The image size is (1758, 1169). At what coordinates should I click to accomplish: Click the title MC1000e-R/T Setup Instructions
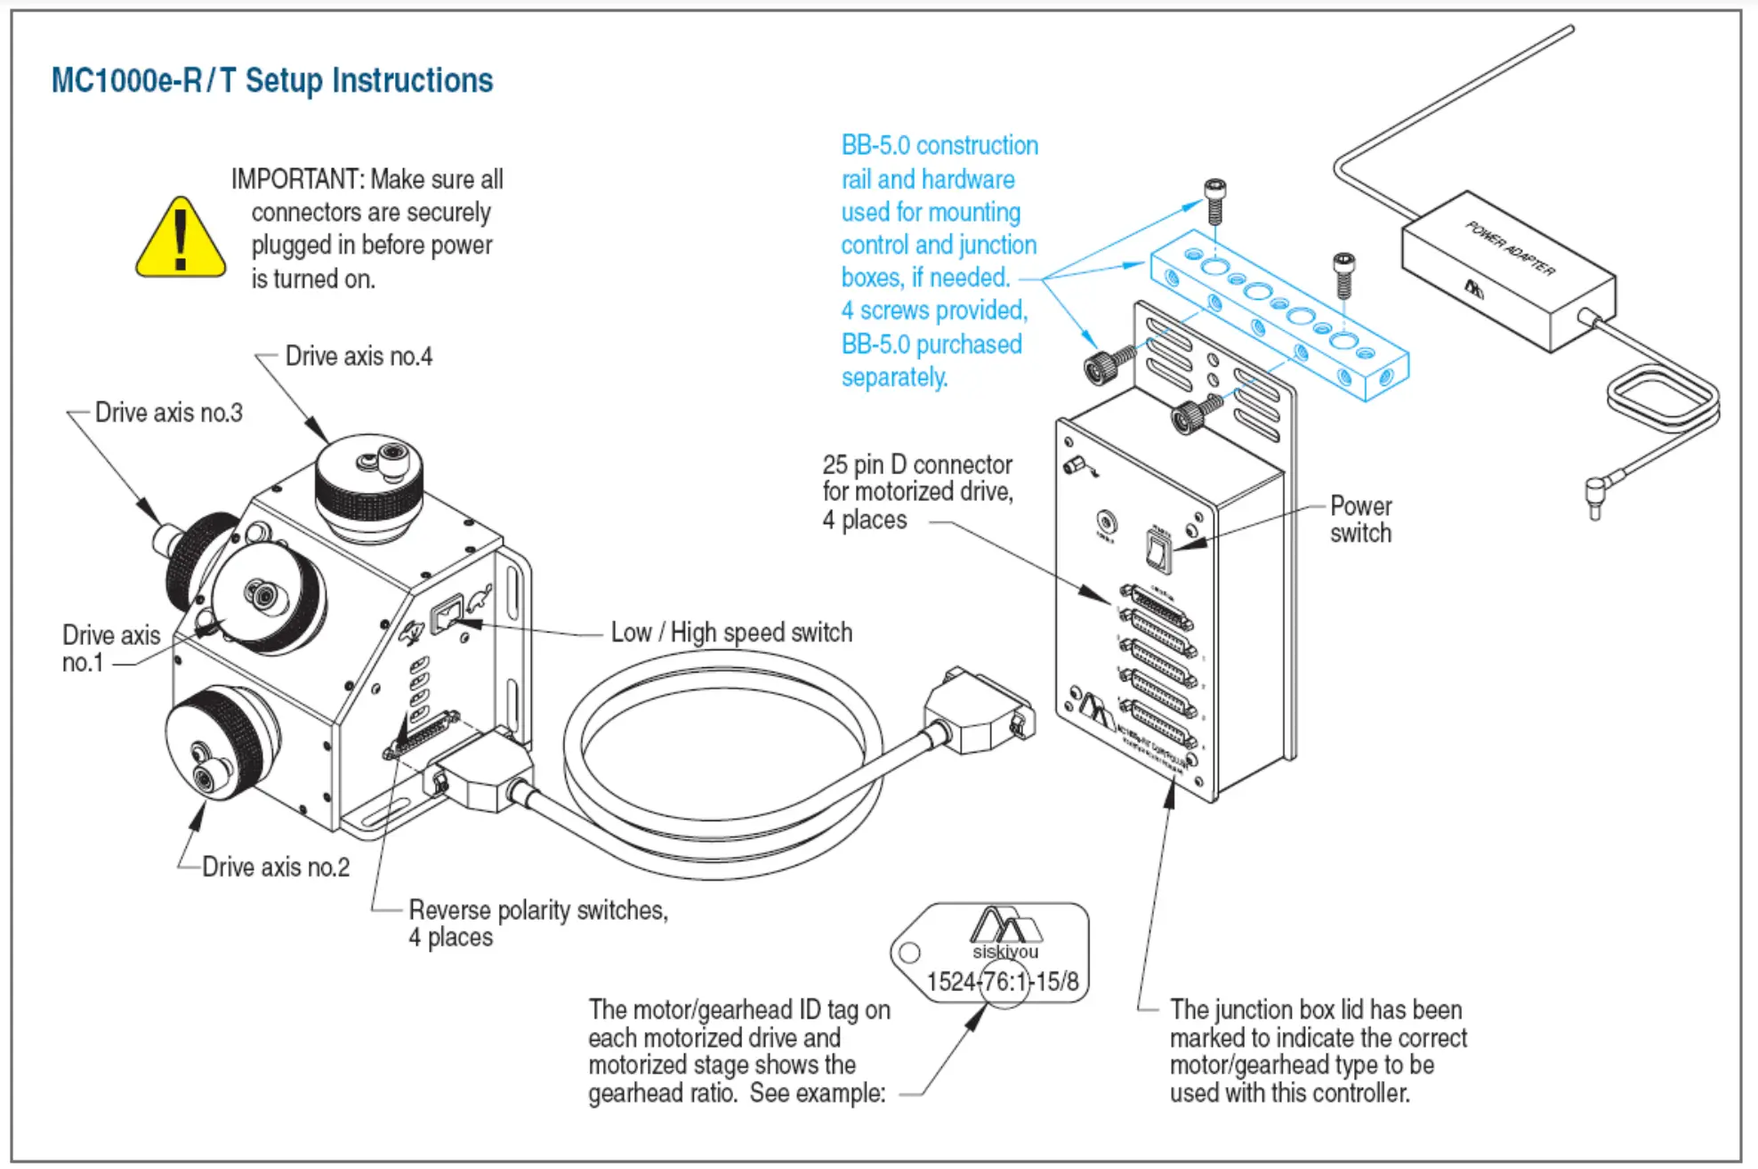(271, 80)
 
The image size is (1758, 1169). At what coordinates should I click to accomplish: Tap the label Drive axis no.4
(359, 357)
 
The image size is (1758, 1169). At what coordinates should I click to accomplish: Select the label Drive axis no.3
(168, 413)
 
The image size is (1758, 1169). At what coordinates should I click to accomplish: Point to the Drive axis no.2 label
(276, 867)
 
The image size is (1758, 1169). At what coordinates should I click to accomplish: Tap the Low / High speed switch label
(731, 633)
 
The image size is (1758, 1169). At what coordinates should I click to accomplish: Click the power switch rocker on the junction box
(1157, 550)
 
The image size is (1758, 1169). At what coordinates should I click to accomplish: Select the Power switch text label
(1360, 520)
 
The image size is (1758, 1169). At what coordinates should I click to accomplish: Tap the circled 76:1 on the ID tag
(1004, 981)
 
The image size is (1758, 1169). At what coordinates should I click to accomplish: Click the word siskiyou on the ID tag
(1005, 952)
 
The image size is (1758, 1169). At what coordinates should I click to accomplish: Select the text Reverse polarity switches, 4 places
(537, 923)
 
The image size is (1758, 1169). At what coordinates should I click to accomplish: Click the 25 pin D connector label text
(916, 492)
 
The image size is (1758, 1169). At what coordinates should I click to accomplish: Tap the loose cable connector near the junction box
(979, 712)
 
